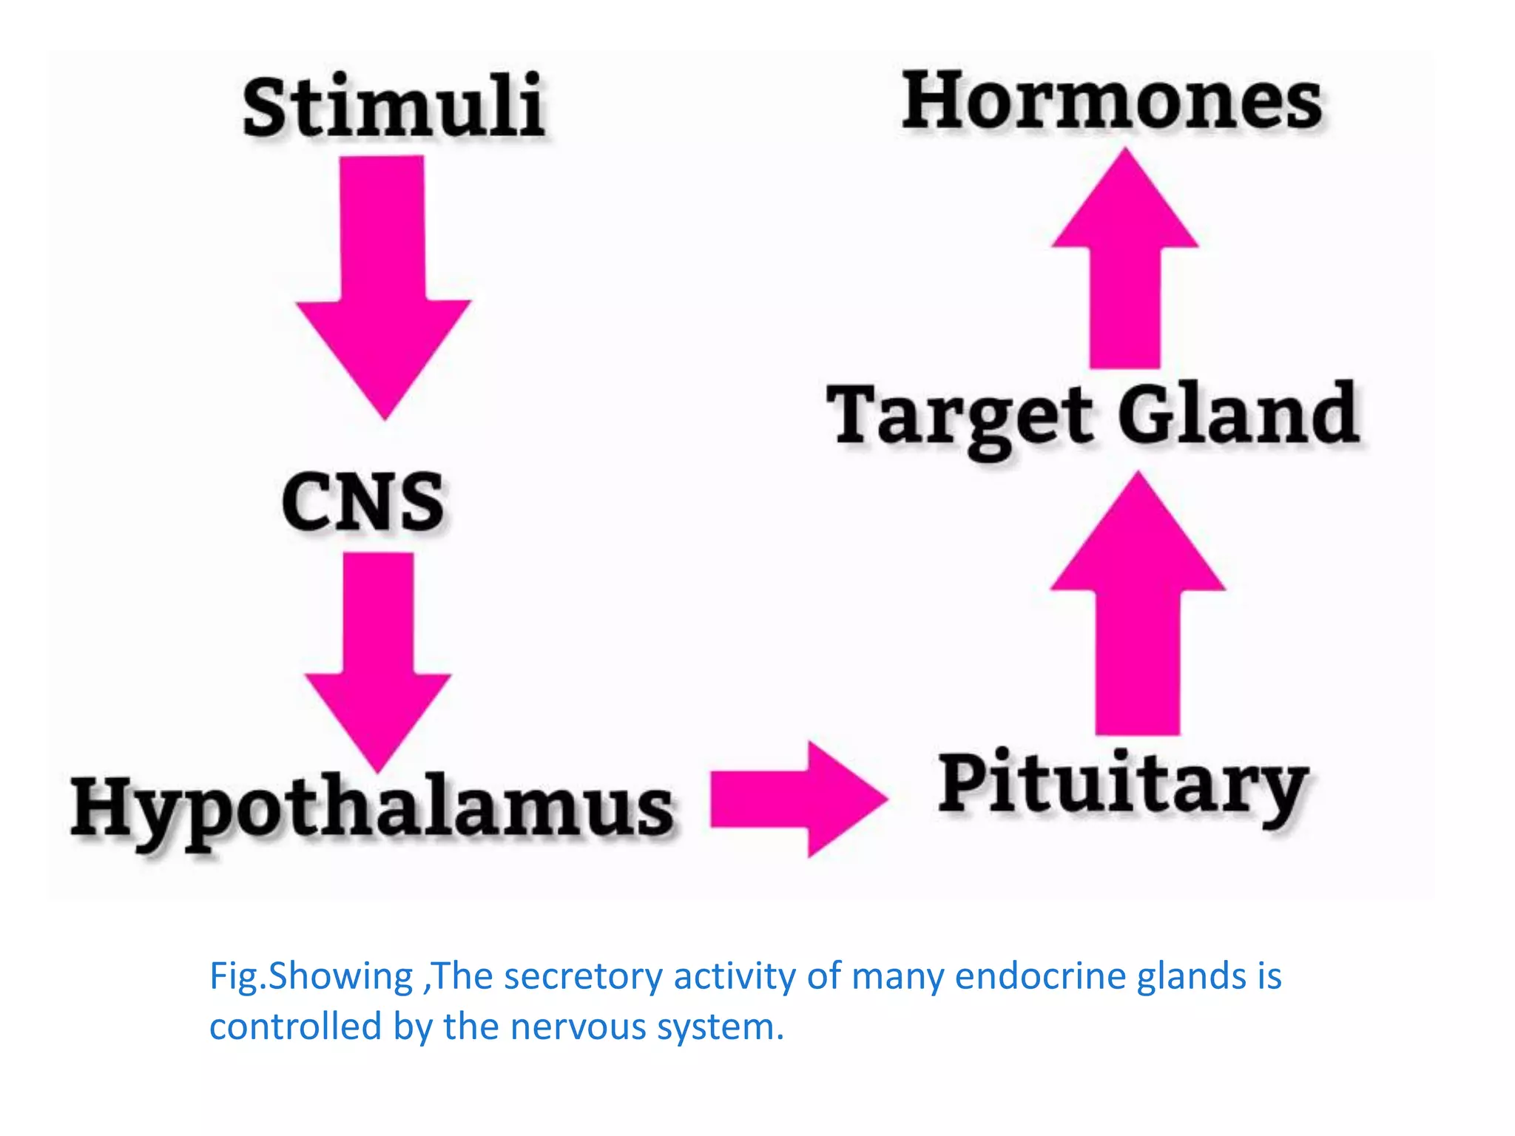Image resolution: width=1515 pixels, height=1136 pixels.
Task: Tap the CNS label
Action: click(363, 503)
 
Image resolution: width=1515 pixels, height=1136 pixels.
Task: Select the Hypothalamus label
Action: click(372, 809)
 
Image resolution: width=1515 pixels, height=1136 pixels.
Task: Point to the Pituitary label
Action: click(1122, 786)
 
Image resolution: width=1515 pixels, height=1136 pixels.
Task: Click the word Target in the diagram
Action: click(959, 416)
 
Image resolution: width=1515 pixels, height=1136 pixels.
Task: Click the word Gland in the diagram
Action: click(1238, 414)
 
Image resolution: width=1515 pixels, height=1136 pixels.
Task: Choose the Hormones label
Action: click(1112, 101)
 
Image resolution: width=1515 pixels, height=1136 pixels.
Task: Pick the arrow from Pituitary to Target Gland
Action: click(1138, 606)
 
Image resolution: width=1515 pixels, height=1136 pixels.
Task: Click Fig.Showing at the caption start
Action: click(311, 977)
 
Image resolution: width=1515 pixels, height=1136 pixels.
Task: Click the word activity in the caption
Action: click(735, 977)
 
